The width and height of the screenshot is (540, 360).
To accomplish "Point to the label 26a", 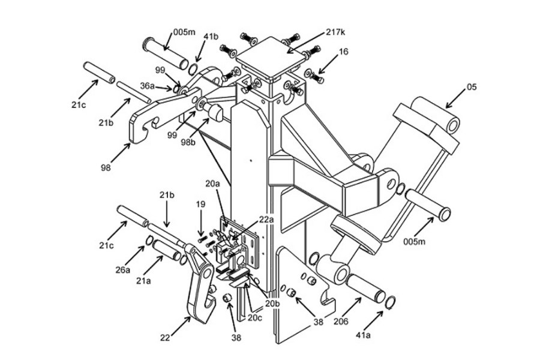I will tap(124, 270).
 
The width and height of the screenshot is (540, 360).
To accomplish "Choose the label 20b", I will tap(272, 304).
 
